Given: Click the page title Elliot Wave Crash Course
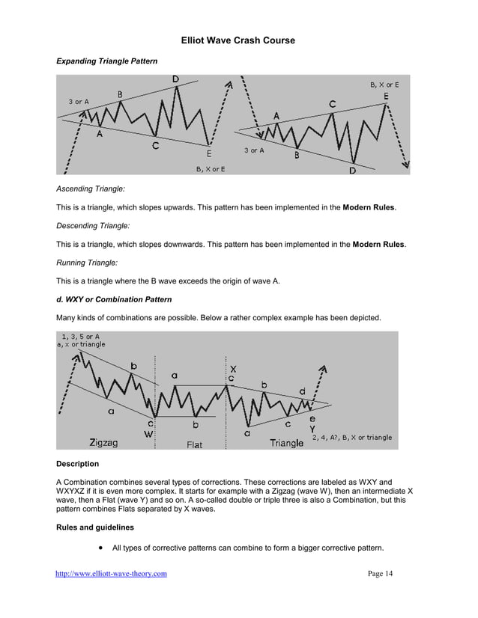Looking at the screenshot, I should tap(238, 40).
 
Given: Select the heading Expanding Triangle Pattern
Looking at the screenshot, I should tap(107, 61).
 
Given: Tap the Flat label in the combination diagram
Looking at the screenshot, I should tap(194, 444).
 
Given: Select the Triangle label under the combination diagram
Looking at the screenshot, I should tap(286, 443).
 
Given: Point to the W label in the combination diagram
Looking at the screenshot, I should tap(149, 432).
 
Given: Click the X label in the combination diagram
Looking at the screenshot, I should tap(233, 369).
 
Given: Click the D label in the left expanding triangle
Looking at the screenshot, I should tap(175, 79).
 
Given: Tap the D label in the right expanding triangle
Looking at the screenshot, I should tap(352, 171).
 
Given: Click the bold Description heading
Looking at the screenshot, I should tap(77, 464).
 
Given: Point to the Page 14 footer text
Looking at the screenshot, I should tap(380, 574).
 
